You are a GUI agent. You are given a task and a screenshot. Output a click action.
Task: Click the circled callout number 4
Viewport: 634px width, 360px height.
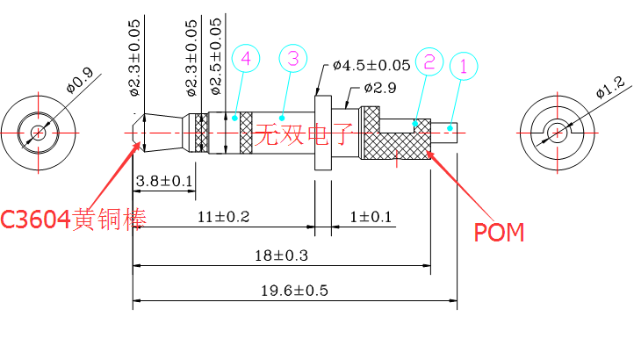(x=246, y=59)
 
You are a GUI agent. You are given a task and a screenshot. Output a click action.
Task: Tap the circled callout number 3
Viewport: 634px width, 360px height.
(x=293, y=59)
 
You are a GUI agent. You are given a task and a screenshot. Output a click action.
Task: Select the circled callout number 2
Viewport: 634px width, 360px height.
(x=429, y=61)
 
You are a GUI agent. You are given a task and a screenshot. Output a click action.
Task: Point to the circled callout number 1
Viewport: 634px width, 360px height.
(x=465, y=66)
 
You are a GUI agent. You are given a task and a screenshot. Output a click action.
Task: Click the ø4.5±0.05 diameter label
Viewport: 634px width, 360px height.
(x=371, y=65)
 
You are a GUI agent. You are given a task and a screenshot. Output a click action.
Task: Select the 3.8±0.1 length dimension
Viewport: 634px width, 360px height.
(x=163, y=180)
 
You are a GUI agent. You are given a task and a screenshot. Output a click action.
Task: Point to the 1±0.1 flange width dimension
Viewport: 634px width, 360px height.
(x=371, y=216)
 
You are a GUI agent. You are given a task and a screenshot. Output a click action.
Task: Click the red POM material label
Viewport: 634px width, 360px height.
(x=499, y=233)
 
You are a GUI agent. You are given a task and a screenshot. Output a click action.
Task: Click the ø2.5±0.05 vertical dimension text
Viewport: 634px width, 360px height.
(x=216, y=55)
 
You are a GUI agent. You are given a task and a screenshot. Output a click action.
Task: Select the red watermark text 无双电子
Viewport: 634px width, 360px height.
(x=303, y=134)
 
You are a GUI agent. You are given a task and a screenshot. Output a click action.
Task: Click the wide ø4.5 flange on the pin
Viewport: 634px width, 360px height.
(x=322, y=132)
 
